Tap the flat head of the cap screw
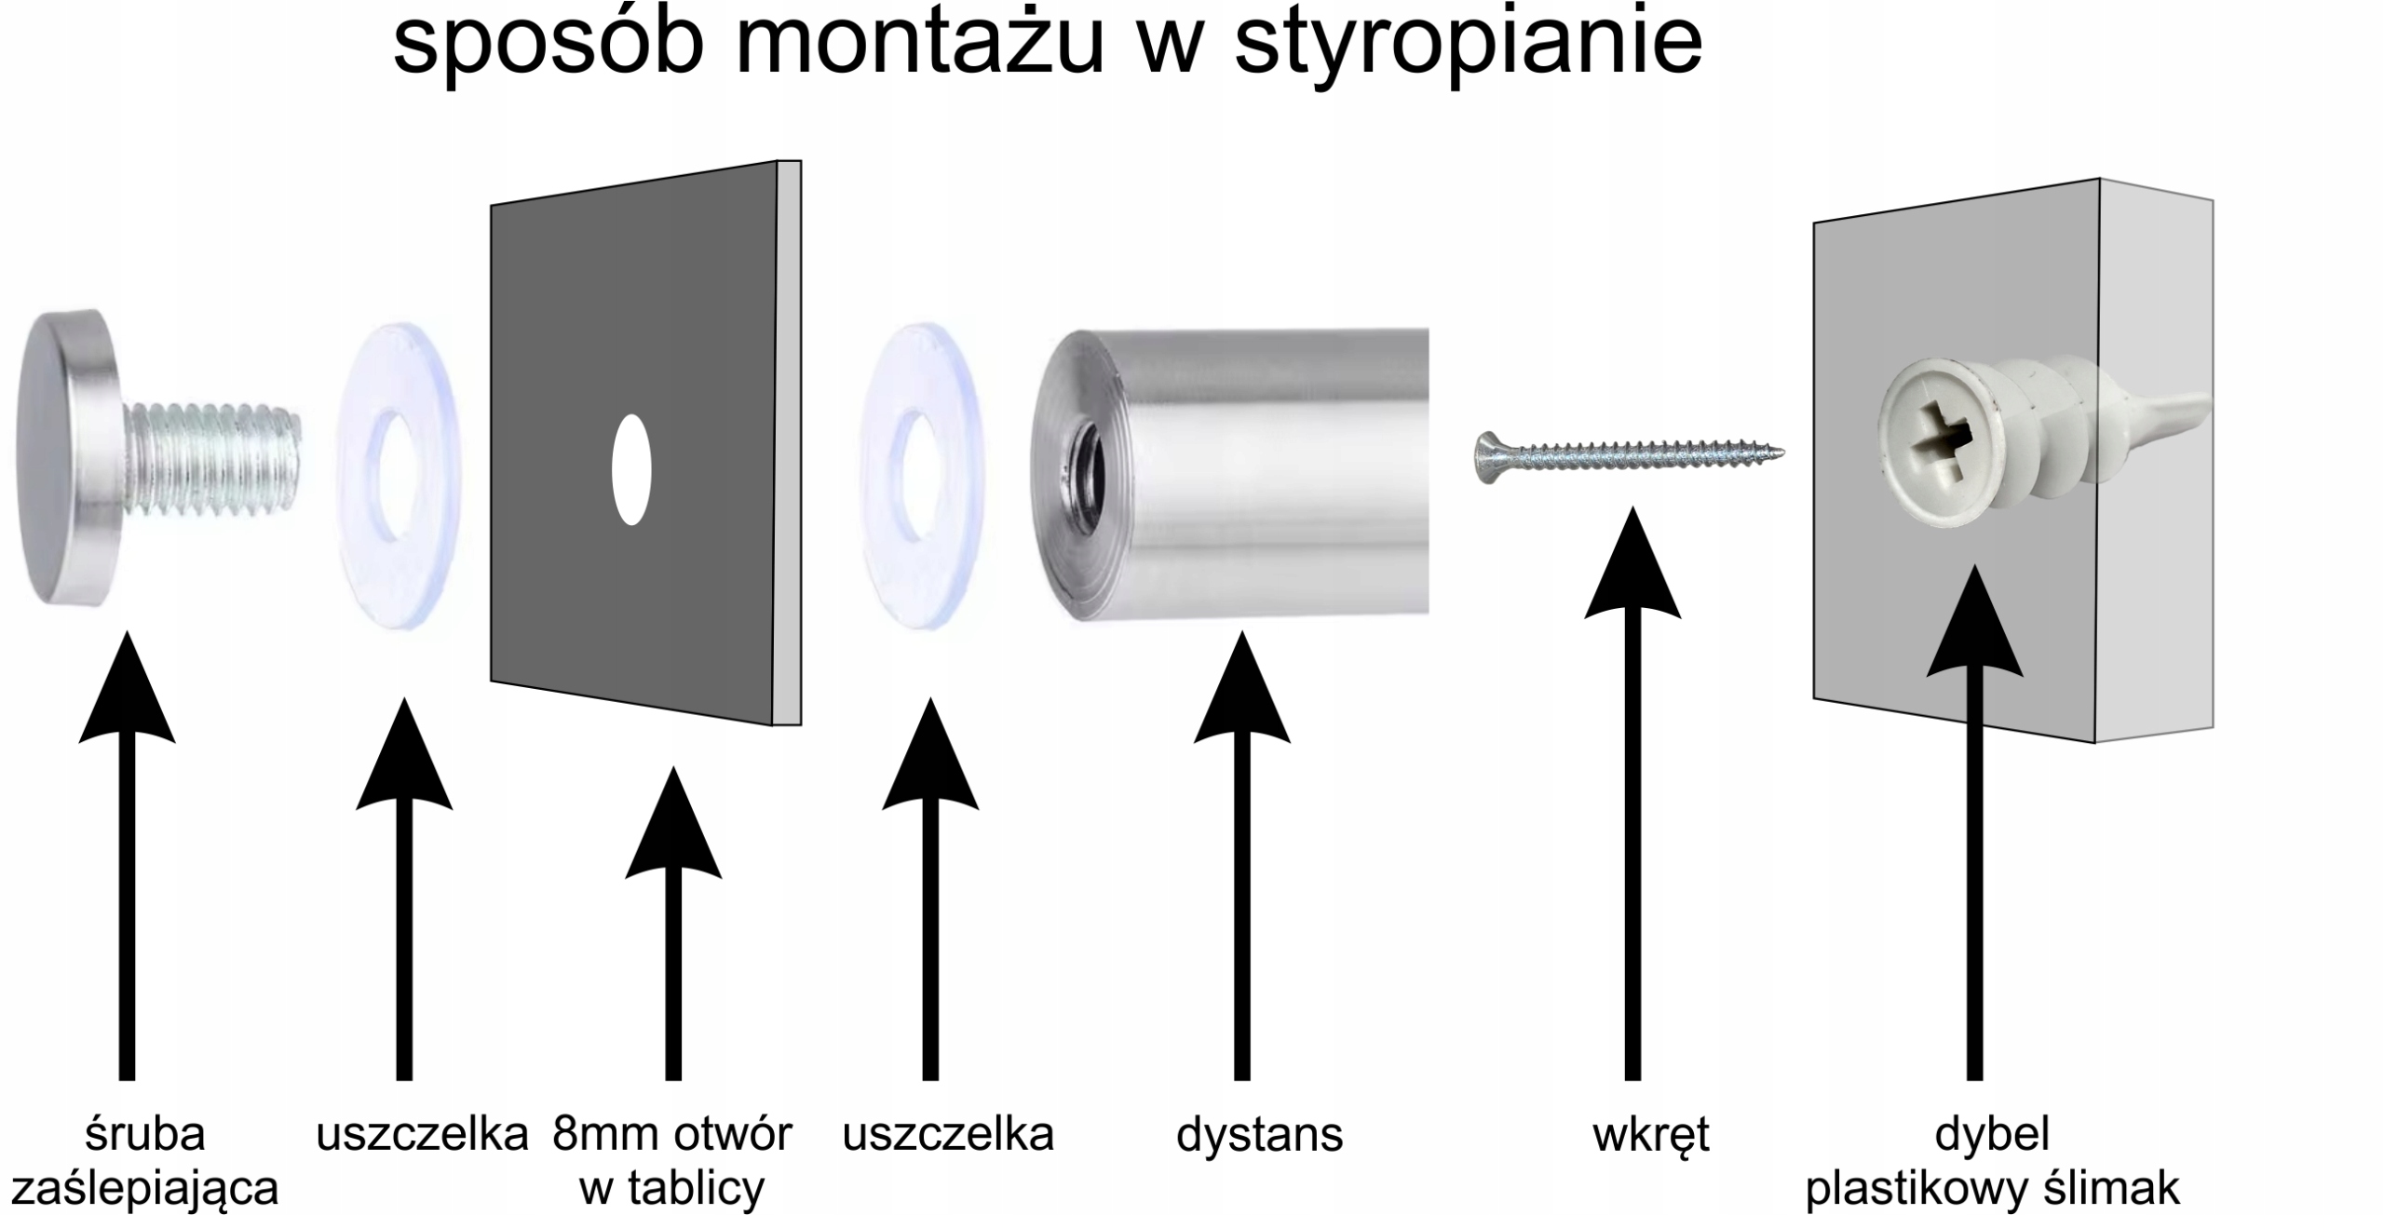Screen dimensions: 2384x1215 point(58,456)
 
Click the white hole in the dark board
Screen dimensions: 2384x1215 point(631,469)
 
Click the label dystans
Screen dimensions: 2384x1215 point(1259,1135)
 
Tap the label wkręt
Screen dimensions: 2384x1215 point(1650,1135)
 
